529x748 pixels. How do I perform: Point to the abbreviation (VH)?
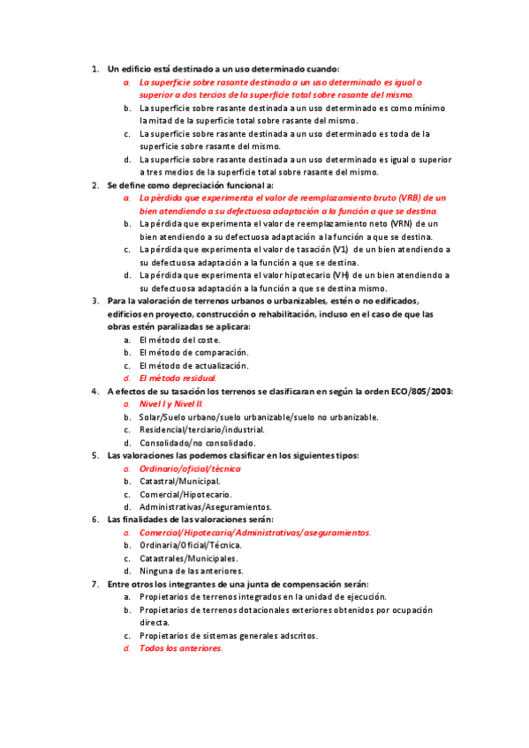[341, 275]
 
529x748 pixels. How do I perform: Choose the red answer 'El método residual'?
[178, 378]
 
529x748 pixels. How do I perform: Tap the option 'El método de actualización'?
[193, 365]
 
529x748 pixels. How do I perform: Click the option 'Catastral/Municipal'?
[180, 482]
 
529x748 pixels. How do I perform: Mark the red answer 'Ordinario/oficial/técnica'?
[190, 468]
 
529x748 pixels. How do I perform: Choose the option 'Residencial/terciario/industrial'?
[201, 430]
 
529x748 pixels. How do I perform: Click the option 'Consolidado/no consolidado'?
[191, 443]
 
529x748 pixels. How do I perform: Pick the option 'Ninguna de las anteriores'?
[191, 572]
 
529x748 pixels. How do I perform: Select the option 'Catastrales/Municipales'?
[188, 558]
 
